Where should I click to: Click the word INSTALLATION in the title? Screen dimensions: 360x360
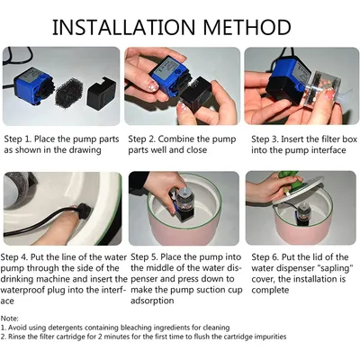click(124, 27)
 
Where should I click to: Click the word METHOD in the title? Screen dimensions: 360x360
click(247, 27)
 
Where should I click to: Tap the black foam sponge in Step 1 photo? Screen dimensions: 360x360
click(69, 92)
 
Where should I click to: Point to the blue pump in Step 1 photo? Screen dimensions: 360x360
click(33, 86)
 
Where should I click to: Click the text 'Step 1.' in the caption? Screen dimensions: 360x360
click(18, 139)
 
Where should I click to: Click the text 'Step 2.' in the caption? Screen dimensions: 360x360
click(142, 139)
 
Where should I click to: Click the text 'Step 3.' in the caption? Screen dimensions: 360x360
click(265, 139)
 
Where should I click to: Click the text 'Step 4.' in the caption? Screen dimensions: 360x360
click(14, 257)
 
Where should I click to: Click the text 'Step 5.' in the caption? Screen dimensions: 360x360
click(144, 257)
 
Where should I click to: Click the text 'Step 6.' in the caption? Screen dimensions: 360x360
click(265, 257)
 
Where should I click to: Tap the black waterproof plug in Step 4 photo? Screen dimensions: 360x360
click(82, 211)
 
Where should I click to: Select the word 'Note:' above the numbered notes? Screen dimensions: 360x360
click(10, 319)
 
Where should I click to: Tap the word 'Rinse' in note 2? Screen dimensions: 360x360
click(17, 337)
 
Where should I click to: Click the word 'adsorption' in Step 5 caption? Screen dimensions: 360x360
click(152, 301)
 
